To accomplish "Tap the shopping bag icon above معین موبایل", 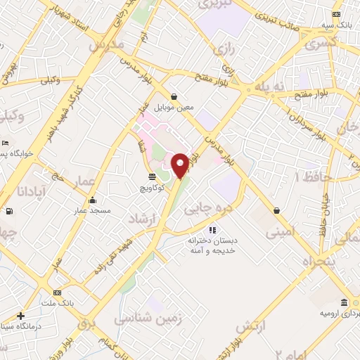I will coord(174,97).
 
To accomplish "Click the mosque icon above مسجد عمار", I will coord(93,200).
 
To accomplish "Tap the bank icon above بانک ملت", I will coord(58,292).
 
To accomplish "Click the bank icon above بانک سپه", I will coord(337,15).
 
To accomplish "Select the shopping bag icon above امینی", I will coord(278,210).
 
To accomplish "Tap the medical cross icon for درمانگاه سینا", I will coord(22,316).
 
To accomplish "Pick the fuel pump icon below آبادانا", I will coord(8,212).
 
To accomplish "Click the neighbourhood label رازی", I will coord(224,51).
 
